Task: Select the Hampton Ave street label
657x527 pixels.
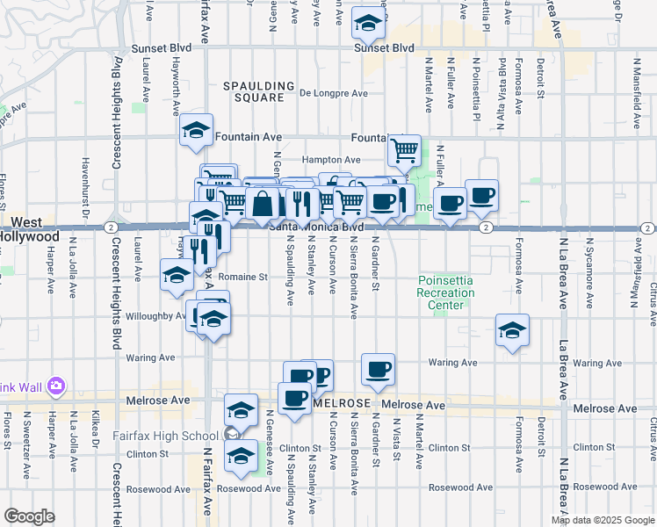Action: click(331, 160)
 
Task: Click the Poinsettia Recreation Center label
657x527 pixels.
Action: click(446, 292)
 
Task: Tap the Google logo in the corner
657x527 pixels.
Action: click(29, 516)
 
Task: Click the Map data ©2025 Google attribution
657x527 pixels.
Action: click(603, 520)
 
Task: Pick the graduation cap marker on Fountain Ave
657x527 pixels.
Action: click(196, 132)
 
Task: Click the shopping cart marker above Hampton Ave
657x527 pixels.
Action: click(404, 150)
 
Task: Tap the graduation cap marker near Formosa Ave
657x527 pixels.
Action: click(512, 330)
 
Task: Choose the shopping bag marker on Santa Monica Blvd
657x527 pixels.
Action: click(264, 204)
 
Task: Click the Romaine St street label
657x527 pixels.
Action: click(244, 277)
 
